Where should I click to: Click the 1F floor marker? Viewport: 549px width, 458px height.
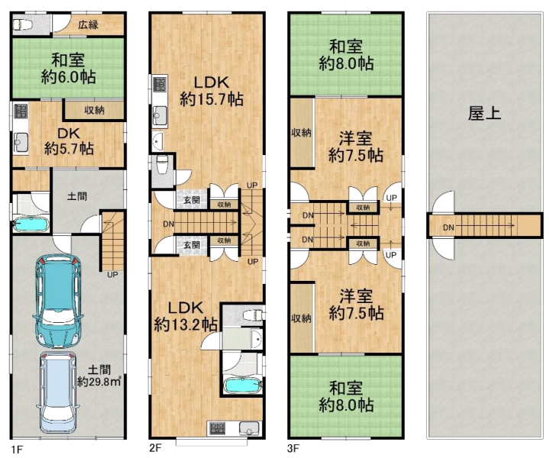pos(16,450)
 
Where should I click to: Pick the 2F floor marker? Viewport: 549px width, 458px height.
pos(154,450)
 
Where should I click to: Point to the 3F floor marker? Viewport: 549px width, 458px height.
pos(292,450)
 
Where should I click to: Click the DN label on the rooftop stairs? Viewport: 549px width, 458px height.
pos(451,227)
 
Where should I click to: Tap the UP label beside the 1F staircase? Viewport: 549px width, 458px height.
pos(112,274)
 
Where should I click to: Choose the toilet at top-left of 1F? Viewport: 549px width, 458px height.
pos(23,25)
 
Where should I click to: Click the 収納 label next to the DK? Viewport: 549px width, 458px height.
pos(94,111)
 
